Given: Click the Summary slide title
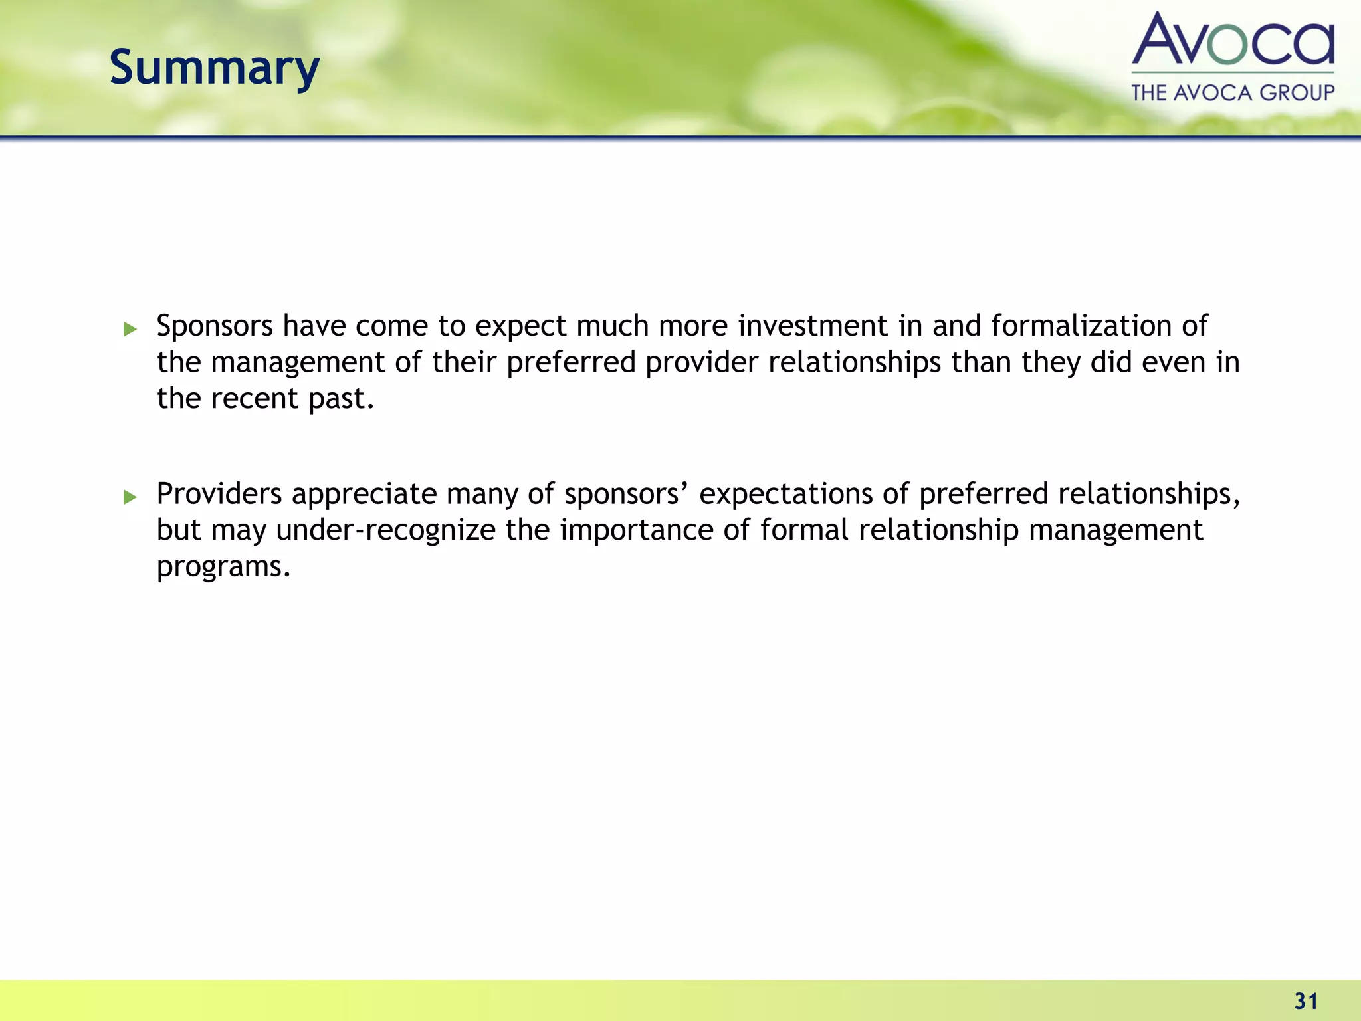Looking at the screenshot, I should click(214, 68).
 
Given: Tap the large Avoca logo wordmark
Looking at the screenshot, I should click(1233, 40).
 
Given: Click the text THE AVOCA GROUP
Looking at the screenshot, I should click(1233, 92).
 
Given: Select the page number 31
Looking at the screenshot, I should click(1306, 1001).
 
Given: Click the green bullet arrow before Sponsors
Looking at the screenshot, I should click(130, 328).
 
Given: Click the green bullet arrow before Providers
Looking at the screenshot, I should click(130, 497).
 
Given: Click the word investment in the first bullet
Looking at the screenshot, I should click(812, 326).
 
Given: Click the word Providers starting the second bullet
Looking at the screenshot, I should click(219, 495).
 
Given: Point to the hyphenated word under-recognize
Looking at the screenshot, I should click(385, 531).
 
